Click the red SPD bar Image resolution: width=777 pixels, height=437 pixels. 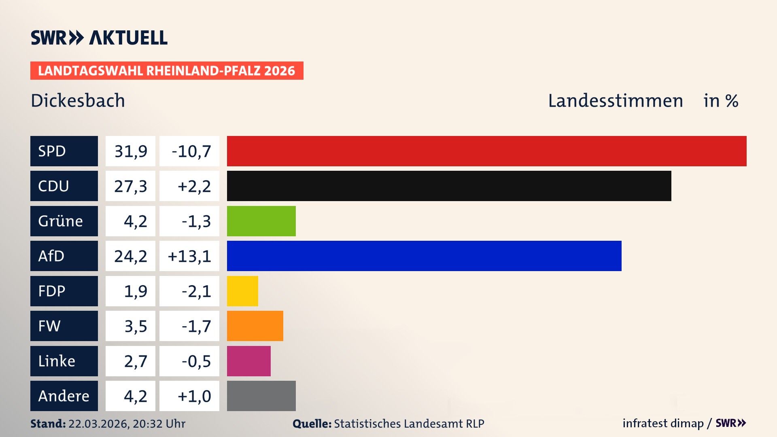click(x=486, y=151)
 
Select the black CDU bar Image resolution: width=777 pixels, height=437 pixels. click(x=449, y=186)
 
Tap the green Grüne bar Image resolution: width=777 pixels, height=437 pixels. click(x=261, y=221)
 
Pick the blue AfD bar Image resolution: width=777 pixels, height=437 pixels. click(x=424, y=256)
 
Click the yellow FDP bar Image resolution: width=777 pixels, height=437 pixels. click(x=242, y=291)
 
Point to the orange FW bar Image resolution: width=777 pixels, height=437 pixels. click(x=255, y=326)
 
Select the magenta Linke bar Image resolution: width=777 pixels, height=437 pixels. click(x=248, y=361)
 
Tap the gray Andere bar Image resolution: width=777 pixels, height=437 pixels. click(x=261, y=396)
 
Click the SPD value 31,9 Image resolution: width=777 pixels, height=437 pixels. click(x=130, y=151)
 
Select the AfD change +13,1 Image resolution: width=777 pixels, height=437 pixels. click(x=189, y=256)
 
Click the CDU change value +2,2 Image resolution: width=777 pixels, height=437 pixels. click(x=194, y=186)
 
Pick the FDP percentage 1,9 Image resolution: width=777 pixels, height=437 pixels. click(x=135, y=291)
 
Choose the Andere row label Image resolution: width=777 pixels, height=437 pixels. click(x=64, y=396)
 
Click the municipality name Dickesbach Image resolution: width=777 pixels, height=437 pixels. click(x=78, y=101)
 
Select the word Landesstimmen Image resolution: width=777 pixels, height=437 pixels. click(x=615, y=101)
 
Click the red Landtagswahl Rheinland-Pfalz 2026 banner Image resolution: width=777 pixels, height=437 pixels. click(x=167, y=71)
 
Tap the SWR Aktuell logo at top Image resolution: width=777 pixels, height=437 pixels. click(x=99, y=38)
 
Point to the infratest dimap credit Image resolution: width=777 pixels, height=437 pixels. click(x=662, y=423)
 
